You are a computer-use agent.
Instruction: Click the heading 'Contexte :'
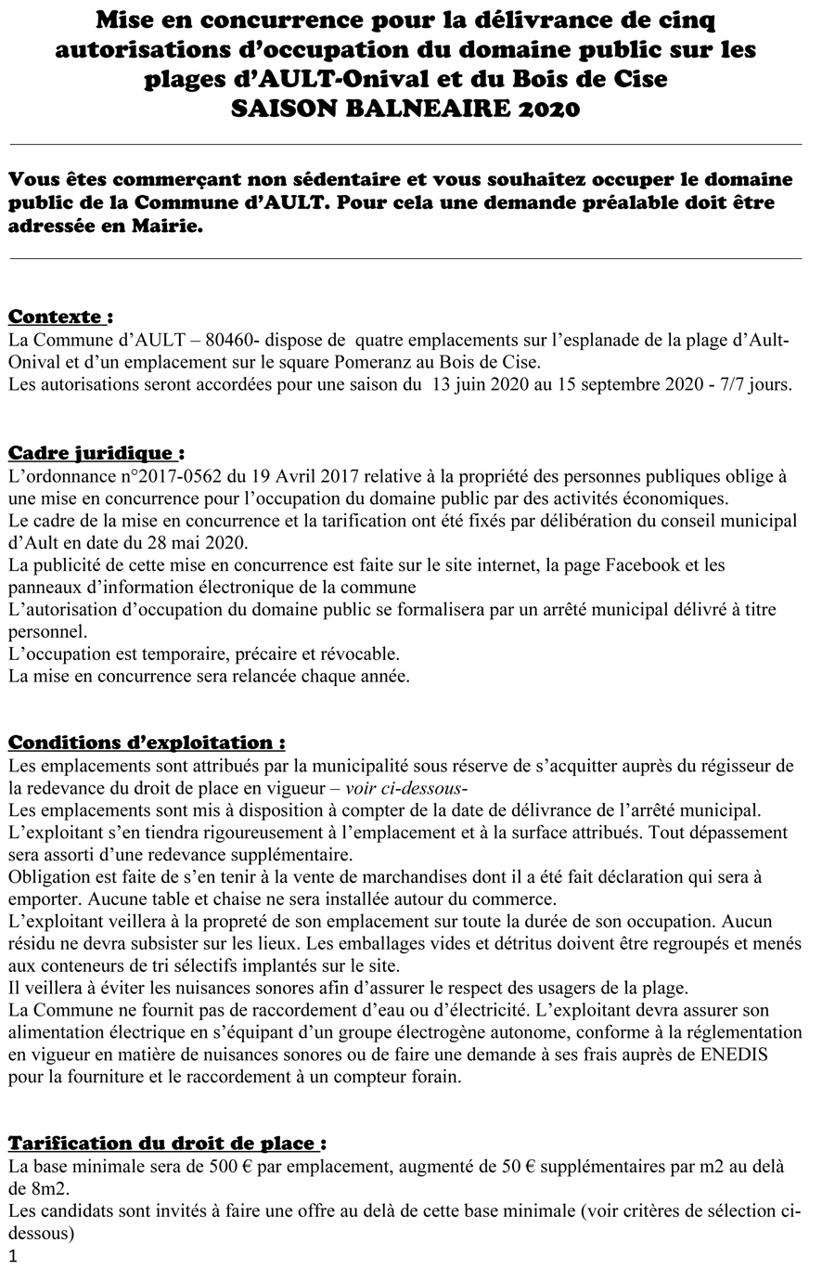(x=60, y=317)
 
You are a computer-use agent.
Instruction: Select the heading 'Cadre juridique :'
(x=96, y=453)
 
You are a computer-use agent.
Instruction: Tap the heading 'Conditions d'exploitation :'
(x=147, y=743)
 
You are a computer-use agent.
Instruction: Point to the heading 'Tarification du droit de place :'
(x=167, y=1143)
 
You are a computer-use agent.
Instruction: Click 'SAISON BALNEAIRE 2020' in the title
(x=405, y=110)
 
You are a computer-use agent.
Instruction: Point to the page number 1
(x=12, y=1256)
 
